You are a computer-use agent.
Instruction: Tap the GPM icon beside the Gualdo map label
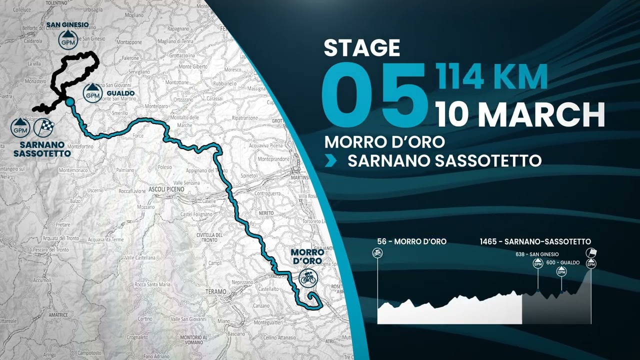tap(92, 92)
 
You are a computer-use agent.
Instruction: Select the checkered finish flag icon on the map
tap(43, 128)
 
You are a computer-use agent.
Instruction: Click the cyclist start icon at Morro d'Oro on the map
tap(308, 277)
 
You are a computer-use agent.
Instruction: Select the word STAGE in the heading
tap(362, 48)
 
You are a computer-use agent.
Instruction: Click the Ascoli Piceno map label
tap(166, 189)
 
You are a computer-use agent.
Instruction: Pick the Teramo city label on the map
tap(216, 291)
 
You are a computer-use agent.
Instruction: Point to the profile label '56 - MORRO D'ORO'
tap(412, 241)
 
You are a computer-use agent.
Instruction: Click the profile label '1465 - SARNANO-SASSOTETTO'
tap(535, 241)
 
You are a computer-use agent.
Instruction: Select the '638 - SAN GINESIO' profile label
tap(536, 254)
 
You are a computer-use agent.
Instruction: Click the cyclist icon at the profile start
tap(377, 253)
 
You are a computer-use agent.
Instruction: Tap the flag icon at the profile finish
tap(592, 252)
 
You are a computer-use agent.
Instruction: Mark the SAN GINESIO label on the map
tap(67, 24)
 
